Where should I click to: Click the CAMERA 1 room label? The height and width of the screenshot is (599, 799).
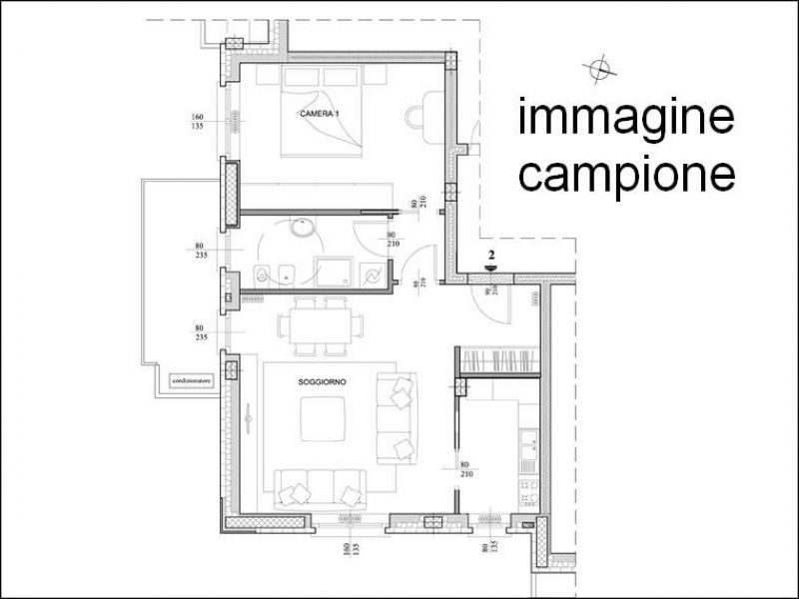pos(320,115)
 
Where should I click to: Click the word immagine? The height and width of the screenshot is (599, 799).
pos(626,120)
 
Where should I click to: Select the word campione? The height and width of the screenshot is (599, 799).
pos(627,175)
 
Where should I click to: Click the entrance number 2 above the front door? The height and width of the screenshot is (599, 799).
pos(491,256)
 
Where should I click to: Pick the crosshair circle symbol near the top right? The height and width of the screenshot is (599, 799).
pos(599,68)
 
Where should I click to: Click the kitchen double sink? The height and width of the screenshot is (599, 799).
pos(530,454)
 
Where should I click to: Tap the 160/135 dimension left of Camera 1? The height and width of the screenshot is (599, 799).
pos(197,123)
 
